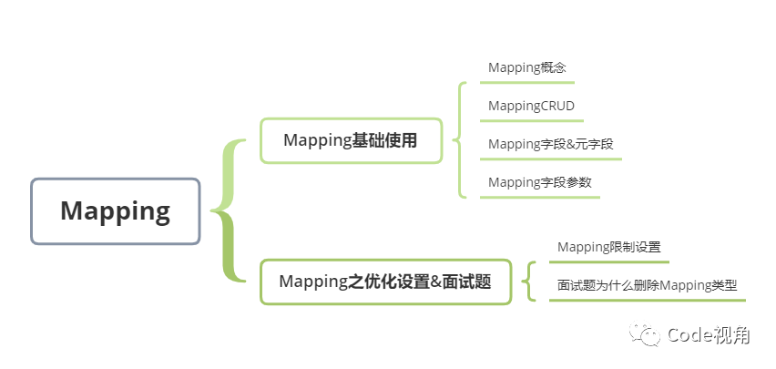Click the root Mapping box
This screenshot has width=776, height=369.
(115, 211)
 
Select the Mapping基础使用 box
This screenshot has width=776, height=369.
(351, 140)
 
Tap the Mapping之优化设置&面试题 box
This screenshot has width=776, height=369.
(384, 282)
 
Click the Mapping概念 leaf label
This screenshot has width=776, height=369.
(527, 67)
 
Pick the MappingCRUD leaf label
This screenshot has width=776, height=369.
(531, 106)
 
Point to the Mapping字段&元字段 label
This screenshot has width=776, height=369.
(550, 144)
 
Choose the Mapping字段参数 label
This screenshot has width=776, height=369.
(539, 182)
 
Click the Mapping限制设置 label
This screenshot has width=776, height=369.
(608, 247)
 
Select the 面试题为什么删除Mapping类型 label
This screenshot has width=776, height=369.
(647, 285)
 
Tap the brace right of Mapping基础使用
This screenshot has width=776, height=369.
(462, 139)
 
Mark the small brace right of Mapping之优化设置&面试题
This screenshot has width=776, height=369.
(529, 281)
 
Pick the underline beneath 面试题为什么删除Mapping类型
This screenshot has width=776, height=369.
(648, 301)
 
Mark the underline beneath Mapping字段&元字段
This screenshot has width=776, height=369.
(551, 159)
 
